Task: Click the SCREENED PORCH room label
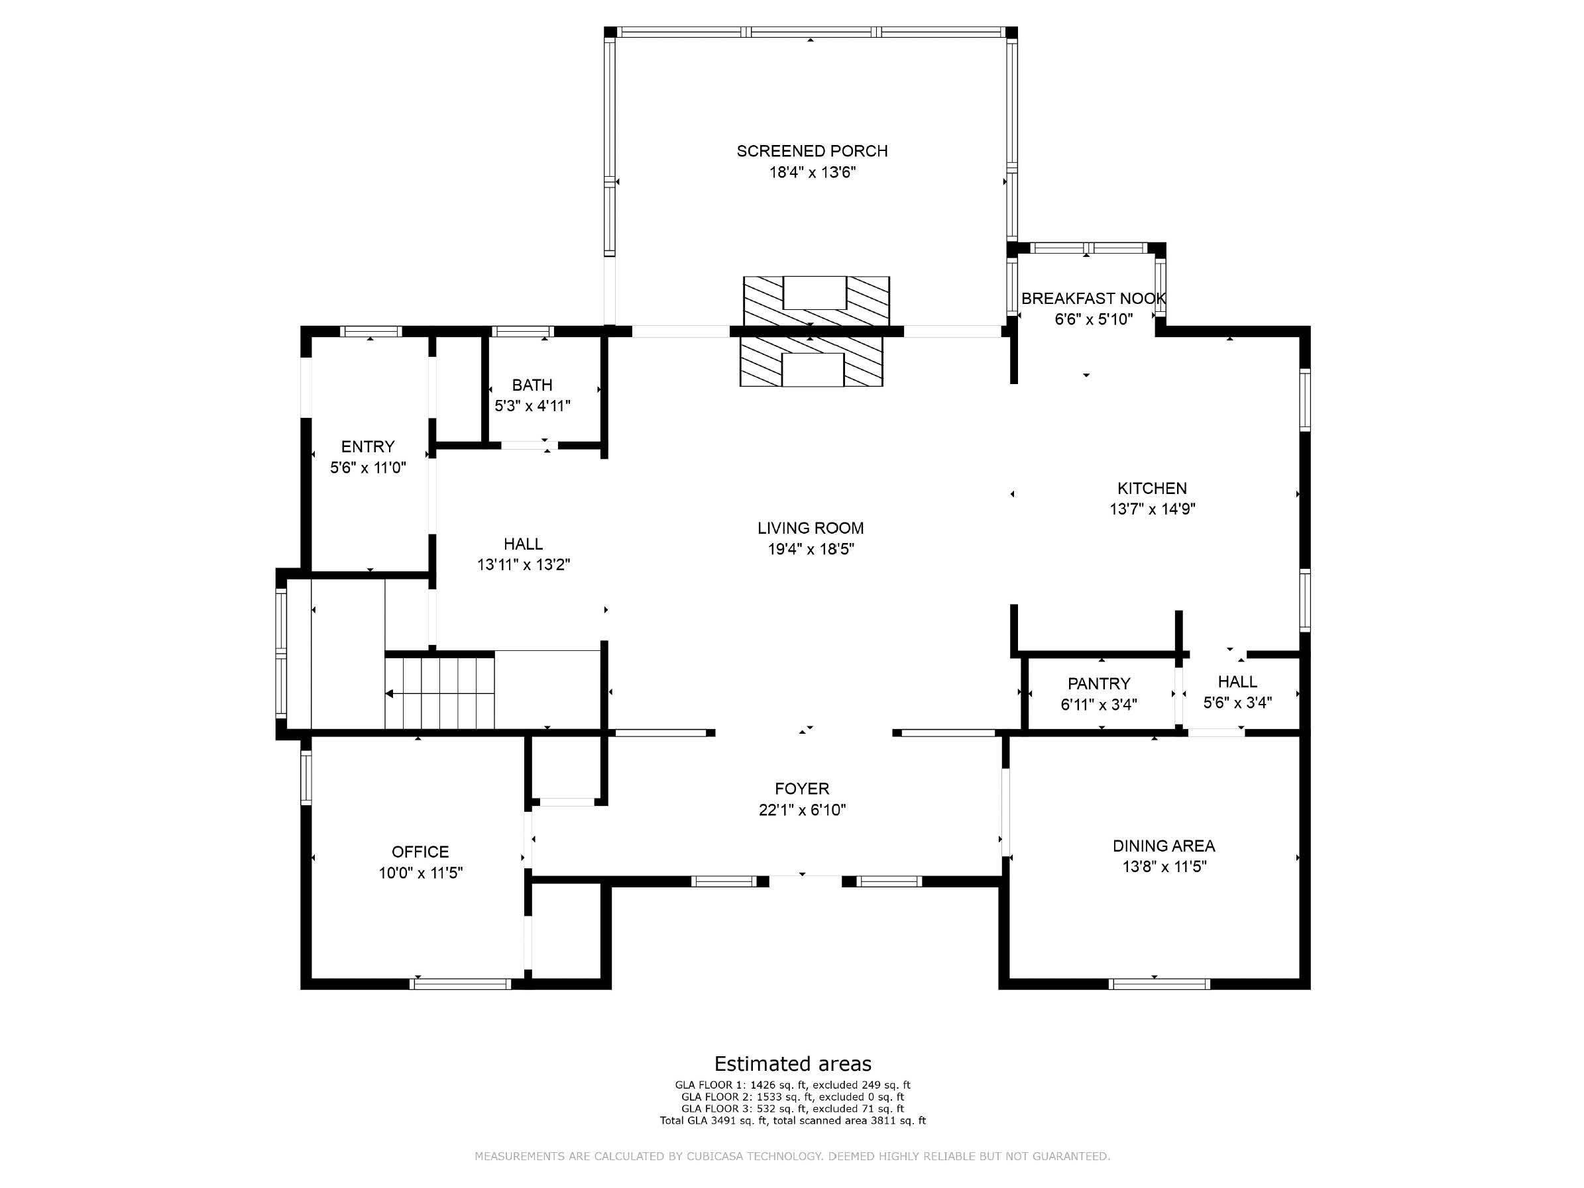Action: click(x=812, y=151)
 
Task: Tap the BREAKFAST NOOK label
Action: click(x=1094, y=299)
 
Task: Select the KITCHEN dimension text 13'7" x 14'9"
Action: click(x=1152, y=509)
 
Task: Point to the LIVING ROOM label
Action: click(x=811, y=528)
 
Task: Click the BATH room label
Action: click(x=532, y=385)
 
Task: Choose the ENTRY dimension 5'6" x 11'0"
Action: click(x=368, y=468)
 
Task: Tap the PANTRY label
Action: click(x=1098, y=683)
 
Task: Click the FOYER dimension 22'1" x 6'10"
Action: click(x=802, y=810)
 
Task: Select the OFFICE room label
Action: click(x=420, y=852)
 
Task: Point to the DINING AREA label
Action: click(x=1164, y=846)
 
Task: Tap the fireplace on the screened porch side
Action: click(x=817, y=301)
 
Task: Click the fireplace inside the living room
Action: click(x=811, y=362)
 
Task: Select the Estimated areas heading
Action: click(x=793, y=1064)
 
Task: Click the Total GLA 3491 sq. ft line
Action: click(x=793, y=1120)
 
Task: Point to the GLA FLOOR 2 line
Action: click(x=793, y=1097)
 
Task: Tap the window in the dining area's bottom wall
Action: click(x=1159, y=984)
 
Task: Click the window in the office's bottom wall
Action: click(x=461, y=984)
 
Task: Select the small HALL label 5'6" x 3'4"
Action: click(x=1237, y=692)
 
